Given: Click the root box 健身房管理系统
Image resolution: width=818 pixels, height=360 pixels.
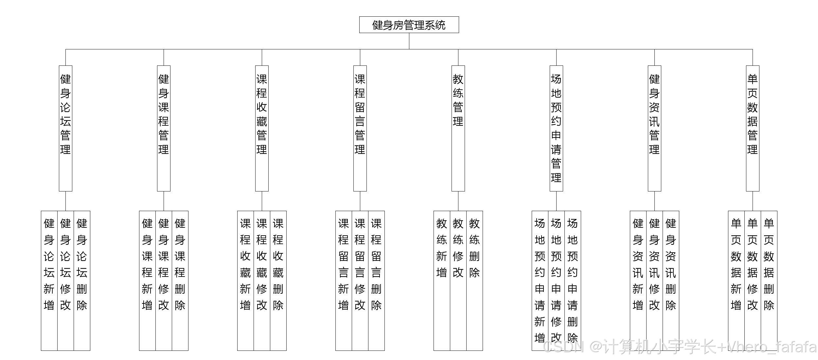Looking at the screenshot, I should (409, 25).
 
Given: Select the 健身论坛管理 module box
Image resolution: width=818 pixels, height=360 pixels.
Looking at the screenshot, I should (65, 128).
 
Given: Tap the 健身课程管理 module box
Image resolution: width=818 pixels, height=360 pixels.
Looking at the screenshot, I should (164, 128).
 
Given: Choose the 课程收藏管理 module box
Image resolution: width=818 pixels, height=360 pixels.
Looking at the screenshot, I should (262, 128).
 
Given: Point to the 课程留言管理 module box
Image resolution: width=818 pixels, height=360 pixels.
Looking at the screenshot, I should (360, 128).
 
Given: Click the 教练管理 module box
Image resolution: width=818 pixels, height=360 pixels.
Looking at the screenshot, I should (458, 128).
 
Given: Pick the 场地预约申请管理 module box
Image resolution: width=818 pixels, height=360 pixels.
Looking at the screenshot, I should (556, 128).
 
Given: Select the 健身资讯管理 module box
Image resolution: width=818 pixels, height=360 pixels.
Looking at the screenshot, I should (654, 128).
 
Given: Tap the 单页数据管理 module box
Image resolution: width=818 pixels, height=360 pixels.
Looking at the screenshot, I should (753, 128).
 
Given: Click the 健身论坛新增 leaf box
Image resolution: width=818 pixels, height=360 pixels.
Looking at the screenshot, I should (49, 280).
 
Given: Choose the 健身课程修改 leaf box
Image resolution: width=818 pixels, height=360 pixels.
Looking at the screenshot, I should (164, 280).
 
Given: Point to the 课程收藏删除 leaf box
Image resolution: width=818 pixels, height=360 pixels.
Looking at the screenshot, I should (278, 280).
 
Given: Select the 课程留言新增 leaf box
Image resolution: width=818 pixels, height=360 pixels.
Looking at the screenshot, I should (344, 280).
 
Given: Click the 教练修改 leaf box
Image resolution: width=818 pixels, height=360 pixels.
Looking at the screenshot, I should (458, 280).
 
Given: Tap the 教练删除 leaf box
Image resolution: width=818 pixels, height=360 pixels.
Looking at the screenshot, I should (474, 280).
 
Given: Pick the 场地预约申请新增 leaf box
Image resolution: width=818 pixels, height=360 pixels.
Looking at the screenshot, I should (540, 280).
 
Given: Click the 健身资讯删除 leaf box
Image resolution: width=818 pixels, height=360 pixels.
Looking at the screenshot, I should (671, 280).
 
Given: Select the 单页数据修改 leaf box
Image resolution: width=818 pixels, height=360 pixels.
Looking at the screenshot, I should (753, 280).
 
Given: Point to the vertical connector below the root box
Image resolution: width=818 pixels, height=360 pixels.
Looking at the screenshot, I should (409, 41).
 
